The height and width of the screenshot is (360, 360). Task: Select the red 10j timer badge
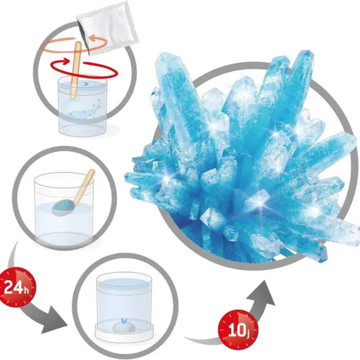click(x=238, y=330)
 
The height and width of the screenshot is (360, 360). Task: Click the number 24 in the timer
click(x=14, y=287)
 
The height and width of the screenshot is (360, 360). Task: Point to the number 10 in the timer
click(x=236, y=330)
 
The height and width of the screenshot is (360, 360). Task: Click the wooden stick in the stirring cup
click(x=75, y=70)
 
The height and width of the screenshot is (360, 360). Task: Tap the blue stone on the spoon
click(x=62, y=207)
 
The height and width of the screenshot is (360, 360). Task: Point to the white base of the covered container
click(x=124, y=334)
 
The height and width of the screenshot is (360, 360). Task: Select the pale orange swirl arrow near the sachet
click(x=74, y=44)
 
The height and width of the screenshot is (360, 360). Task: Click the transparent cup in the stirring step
click(x=82, y=106)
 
